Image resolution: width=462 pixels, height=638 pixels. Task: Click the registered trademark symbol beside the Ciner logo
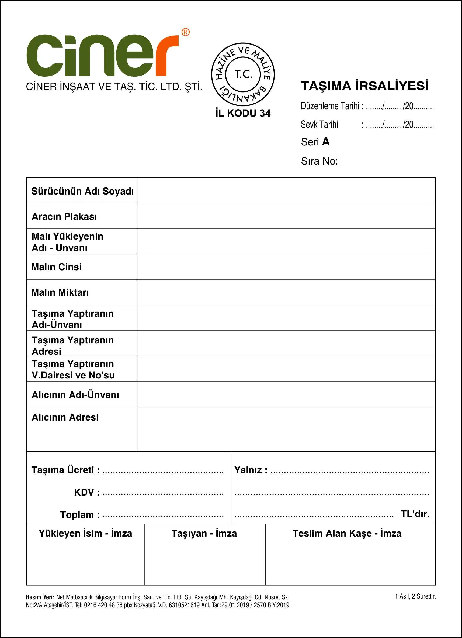pos(185,32)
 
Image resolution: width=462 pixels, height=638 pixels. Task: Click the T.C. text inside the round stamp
pos(244,74)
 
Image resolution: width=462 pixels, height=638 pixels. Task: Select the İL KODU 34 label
pos(243,113)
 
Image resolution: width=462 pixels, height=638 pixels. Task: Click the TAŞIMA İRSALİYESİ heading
pos(364,86)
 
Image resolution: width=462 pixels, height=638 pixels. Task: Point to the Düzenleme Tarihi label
pos(330,106)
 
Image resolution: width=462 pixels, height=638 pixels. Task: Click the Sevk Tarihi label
pos(319,124)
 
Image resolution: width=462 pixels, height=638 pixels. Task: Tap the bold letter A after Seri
pos(326,142)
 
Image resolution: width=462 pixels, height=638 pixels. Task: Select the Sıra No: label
pos(319,161)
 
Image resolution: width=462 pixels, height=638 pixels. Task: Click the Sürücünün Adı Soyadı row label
pos(82,191)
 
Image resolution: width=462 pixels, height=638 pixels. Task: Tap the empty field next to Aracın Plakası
pos(286,216)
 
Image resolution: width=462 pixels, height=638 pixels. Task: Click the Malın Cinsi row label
pos(57,267)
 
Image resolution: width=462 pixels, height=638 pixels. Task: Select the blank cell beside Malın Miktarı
pos(286,292)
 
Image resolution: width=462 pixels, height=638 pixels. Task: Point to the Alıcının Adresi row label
pos(65,417)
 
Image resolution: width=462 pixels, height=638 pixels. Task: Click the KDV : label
pos(87,493)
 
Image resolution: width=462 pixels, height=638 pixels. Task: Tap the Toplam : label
pos(80,515)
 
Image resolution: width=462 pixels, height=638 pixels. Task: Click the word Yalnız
pos(248,470)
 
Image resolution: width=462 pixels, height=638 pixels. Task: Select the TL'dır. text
pos(415,514)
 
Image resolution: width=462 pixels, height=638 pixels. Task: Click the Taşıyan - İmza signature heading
pos(204,533)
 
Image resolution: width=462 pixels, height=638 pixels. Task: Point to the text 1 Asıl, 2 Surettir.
pos(415,596)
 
